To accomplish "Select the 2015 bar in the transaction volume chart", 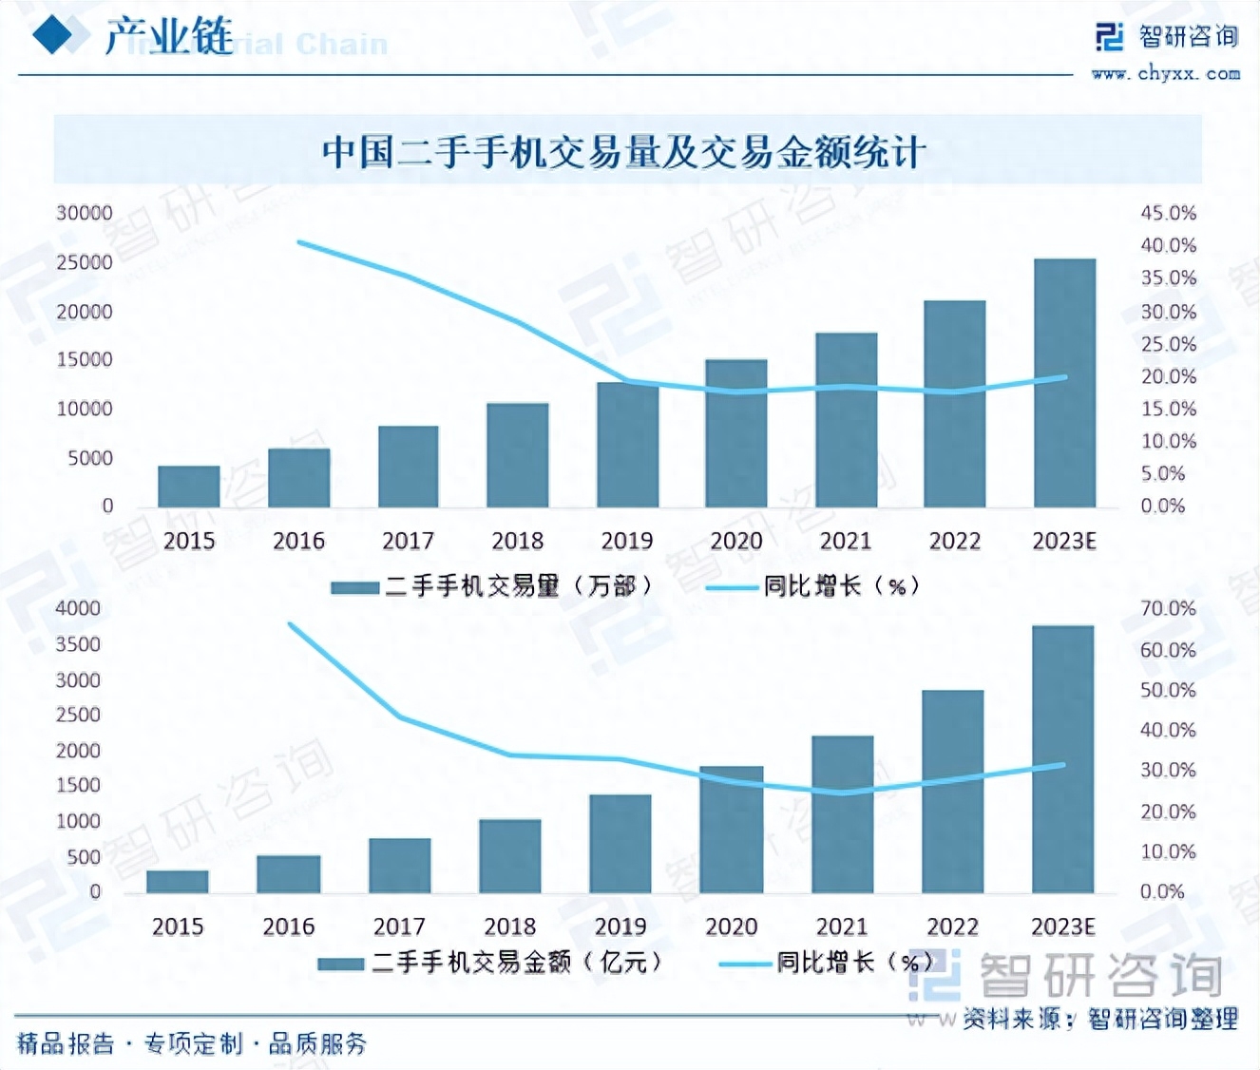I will pyautogui.click(x=188, y=487).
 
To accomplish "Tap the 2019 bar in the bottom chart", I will pyautogui.click(x=620, y=844).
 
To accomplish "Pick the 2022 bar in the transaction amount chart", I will pyautogui.click(x=952, y=792).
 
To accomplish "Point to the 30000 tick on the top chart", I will pyautogui.click(x=84, y=213).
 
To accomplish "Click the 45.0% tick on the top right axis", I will pyautogui.click(x=1168, y=213).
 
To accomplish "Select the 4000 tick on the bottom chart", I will pyautogui.click(x=78, y=608).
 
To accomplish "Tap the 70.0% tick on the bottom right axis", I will pyautogui.click(x=1168, y=608).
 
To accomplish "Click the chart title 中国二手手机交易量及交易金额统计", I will pyautogui.click(x=623, y=152).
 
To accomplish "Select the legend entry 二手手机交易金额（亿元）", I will pyautogui.click(x=491, y=963).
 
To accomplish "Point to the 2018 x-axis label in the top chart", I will pyautogui.click(x=517, y=541).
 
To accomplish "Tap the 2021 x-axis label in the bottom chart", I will pyautogui.click(x=842, y=927).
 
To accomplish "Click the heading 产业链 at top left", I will pyautogui.click(x=168, y=36).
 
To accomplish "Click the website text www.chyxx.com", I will pyautogui.click(x=1166, y=73).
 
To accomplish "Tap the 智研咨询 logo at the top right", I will pyautogui.click(x=1168, y=36).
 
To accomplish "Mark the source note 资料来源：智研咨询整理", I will pyautogui.click(x=1100, y=1019).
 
